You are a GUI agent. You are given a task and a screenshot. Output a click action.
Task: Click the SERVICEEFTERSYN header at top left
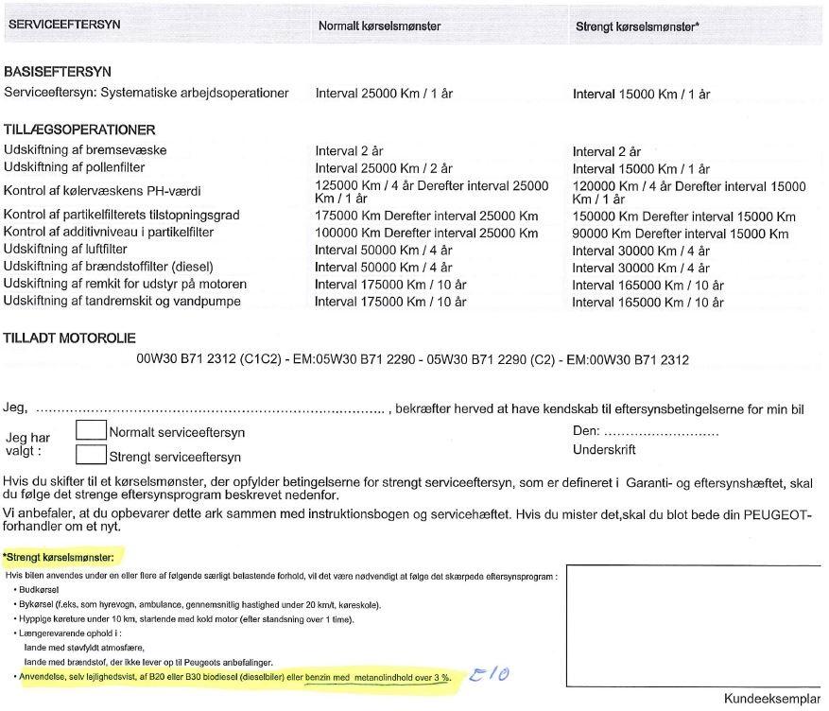[x=63, y=25]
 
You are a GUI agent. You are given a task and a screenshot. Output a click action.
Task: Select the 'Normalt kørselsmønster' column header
[x=379, y=26]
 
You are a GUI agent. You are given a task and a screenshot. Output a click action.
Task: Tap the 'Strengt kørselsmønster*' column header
[x=637, y=26]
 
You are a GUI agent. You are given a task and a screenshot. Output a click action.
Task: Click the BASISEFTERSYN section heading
[x=59, y=72]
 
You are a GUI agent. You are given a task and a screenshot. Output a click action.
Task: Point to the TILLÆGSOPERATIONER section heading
[x=79, y=130]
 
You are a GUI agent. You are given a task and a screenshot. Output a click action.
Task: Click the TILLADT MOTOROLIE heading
[x=70, y=338]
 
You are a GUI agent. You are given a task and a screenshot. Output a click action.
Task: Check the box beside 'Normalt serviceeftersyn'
[x=91, y=430]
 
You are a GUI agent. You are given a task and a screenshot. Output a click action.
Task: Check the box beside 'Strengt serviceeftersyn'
[x=91, y=455]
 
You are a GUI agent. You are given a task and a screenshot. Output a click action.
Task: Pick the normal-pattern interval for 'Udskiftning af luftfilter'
[x=384, y=251]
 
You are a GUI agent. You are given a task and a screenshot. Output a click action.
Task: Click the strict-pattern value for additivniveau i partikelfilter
[x=680, y=234]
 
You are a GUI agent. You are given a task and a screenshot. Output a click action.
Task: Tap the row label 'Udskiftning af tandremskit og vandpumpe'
[x=122, y=302]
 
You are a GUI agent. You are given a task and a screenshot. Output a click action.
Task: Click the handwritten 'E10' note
[x=497, y=674]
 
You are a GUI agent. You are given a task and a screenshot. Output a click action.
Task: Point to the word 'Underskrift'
[x=604, y=450]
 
